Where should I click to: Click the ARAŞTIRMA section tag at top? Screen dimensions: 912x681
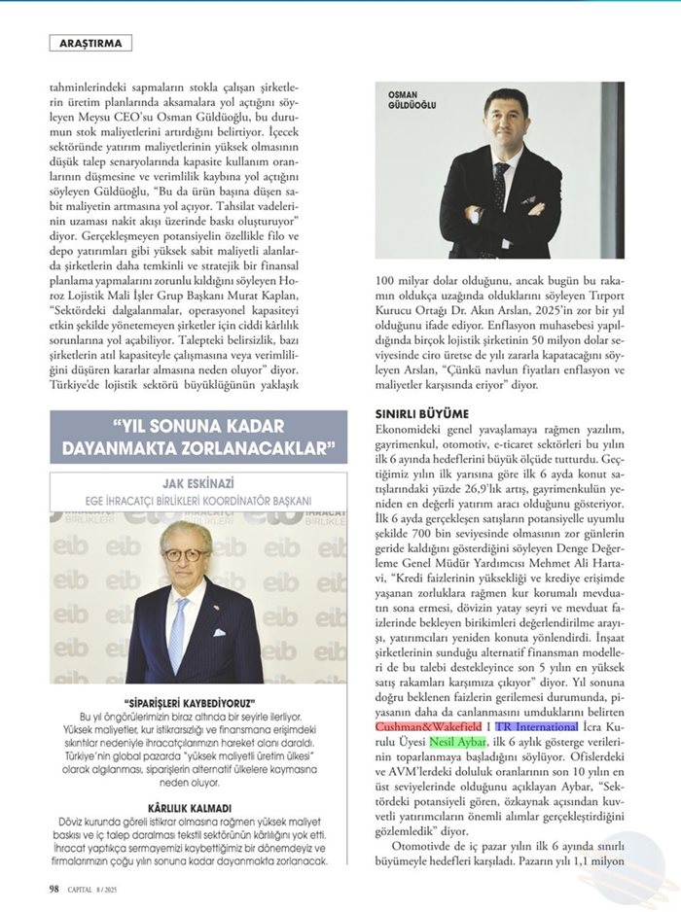tap(89, 43)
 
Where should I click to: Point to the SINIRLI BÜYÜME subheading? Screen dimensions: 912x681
tap(422, 413)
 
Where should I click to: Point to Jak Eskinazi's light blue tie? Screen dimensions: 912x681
tap(177, 632)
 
